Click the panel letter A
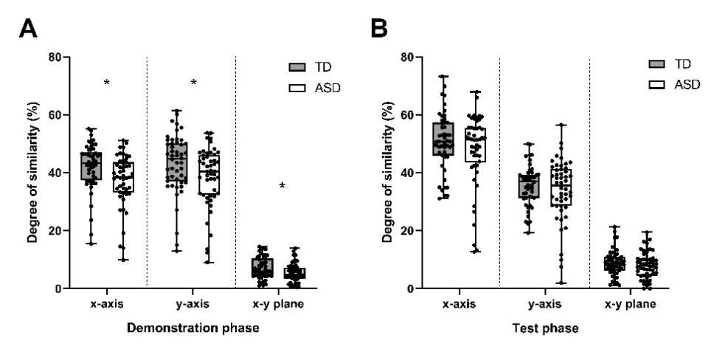click(x=27, y=29)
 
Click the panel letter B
click(x=379, y=29)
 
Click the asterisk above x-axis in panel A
click(x=107, y=83)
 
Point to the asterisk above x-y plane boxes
click(x=282, y=186)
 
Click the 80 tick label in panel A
click(x=56, y=58)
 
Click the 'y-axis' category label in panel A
click(x=192, y=304)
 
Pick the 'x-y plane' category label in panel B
click(x=631, y=304)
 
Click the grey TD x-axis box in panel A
click(x=91, y=166)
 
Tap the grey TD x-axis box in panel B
click(x=443, y=139)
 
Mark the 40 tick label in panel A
click(x=56, y=173)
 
